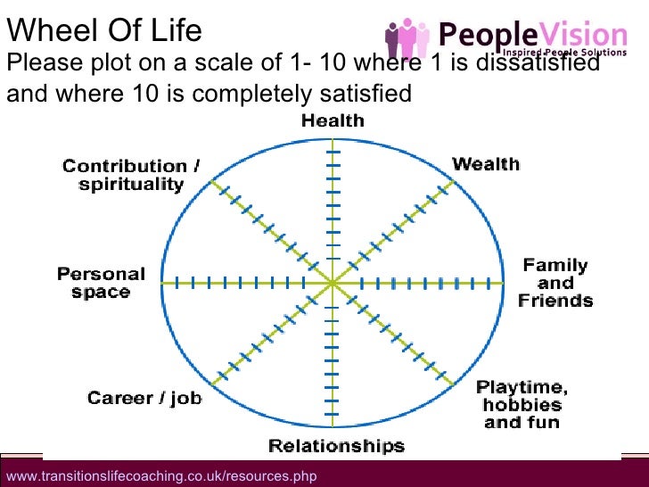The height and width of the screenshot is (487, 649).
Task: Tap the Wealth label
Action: [486, 164]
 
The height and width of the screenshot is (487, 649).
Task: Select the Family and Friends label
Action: [555, 283]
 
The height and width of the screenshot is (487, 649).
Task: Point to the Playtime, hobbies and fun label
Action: [522, 404]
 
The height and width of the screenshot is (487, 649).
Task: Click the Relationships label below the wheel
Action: [336, 446]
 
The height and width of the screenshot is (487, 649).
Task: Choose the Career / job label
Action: [144, 398]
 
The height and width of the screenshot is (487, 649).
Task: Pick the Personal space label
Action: [101, 283]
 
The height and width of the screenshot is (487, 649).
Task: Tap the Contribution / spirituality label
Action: [125, 176]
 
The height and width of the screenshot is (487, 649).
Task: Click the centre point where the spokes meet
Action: [333, 283]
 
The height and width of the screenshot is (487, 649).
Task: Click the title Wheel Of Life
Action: [104, 30]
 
